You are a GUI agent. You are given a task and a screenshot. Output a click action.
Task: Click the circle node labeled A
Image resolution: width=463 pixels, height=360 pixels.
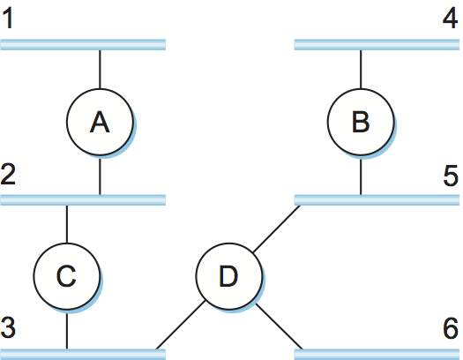pos(100,122)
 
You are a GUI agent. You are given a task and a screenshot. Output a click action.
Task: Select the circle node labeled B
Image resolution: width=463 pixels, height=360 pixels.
pos(361,122)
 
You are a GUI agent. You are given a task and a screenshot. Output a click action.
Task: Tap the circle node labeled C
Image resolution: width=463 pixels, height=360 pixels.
pos(67,276)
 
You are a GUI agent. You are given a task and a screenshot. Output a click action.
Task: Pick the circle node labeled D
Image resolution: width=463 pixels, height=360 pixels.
pos(228,276)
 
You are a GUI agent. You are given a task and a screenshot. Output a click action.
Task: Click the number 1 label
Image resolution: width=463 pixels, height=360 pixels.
pos(8,19)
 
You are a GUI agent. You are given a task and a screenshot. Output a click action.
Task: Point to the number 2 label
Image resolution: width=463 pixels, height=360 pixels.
pos(8,174)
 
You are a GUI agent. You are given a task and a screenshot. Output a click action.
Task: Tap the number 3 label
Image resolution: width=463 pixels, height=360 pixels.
pos(8,327)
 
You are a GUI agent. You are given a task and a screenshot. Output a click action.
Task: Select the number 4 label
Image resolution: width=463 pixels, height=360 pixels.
pos(451,19)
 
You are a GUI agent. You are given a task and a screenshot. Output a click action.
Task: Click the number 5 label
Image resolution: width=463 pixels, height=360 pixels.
pos(451,176)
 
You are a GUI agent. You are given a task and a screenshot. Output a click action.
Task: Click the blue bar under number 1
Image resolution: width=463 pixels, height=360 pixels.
pos(83,45)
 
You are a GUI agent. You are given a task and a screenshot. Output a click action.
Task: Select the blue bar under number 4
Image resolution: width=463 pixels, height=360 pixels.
pos(377,45)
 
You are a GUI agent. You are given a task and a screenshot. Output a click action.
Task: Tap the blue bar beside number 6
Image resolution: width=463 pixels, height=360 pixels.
pos(377,355)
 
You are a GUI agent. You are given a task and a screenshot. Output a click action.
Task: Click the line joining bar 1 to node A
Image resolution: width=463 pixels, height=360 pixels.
pos(100,70)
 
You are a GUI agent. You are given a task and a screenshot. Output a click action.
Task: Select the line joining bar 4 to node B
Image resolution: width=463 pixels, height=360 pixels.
pos(361,70)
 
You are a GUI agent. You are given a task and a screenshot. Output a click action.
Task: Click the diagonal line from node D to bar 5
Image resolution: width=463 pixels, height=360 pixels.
pos(277,229)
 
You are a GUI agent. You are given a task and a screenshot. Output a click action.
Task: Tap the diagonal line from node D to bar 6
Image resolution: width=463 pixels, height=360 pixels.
pos(280,326)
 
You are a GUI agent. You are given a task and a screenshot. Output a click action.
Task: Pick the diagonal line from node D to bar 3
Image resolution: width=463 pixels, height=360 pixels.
pos(181,325)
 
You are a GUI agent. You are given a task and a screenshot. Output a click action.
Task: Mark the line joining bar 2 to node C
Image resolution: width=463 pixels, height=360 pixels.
pos(67,224)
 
